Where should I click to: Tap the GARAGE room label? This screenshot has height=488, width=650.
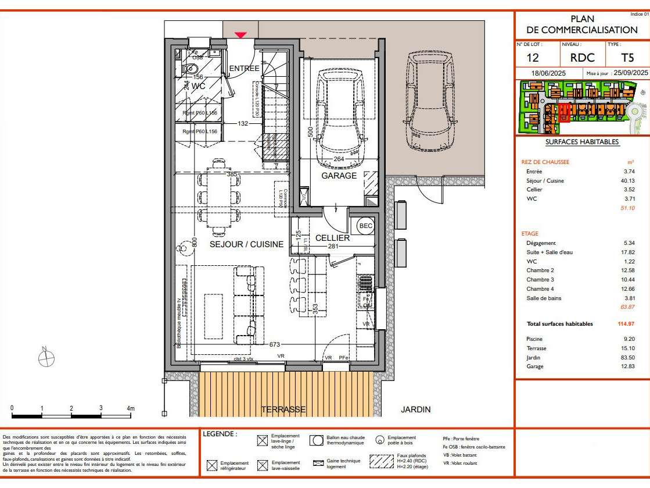tap(339, 175)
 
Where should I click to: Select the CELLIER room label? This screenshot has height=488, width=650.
tap(332, 238)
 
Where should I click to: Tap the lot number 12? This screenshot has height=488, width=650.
tap(533, 58)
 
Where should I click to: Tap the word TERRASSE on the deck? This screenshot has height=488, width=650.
tap(283, 409)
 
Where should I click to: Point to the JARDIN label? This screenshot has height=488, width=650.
tap(416, 409)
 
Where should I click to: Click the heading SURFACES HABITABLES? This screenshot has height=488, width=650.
tap(582, 142)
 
